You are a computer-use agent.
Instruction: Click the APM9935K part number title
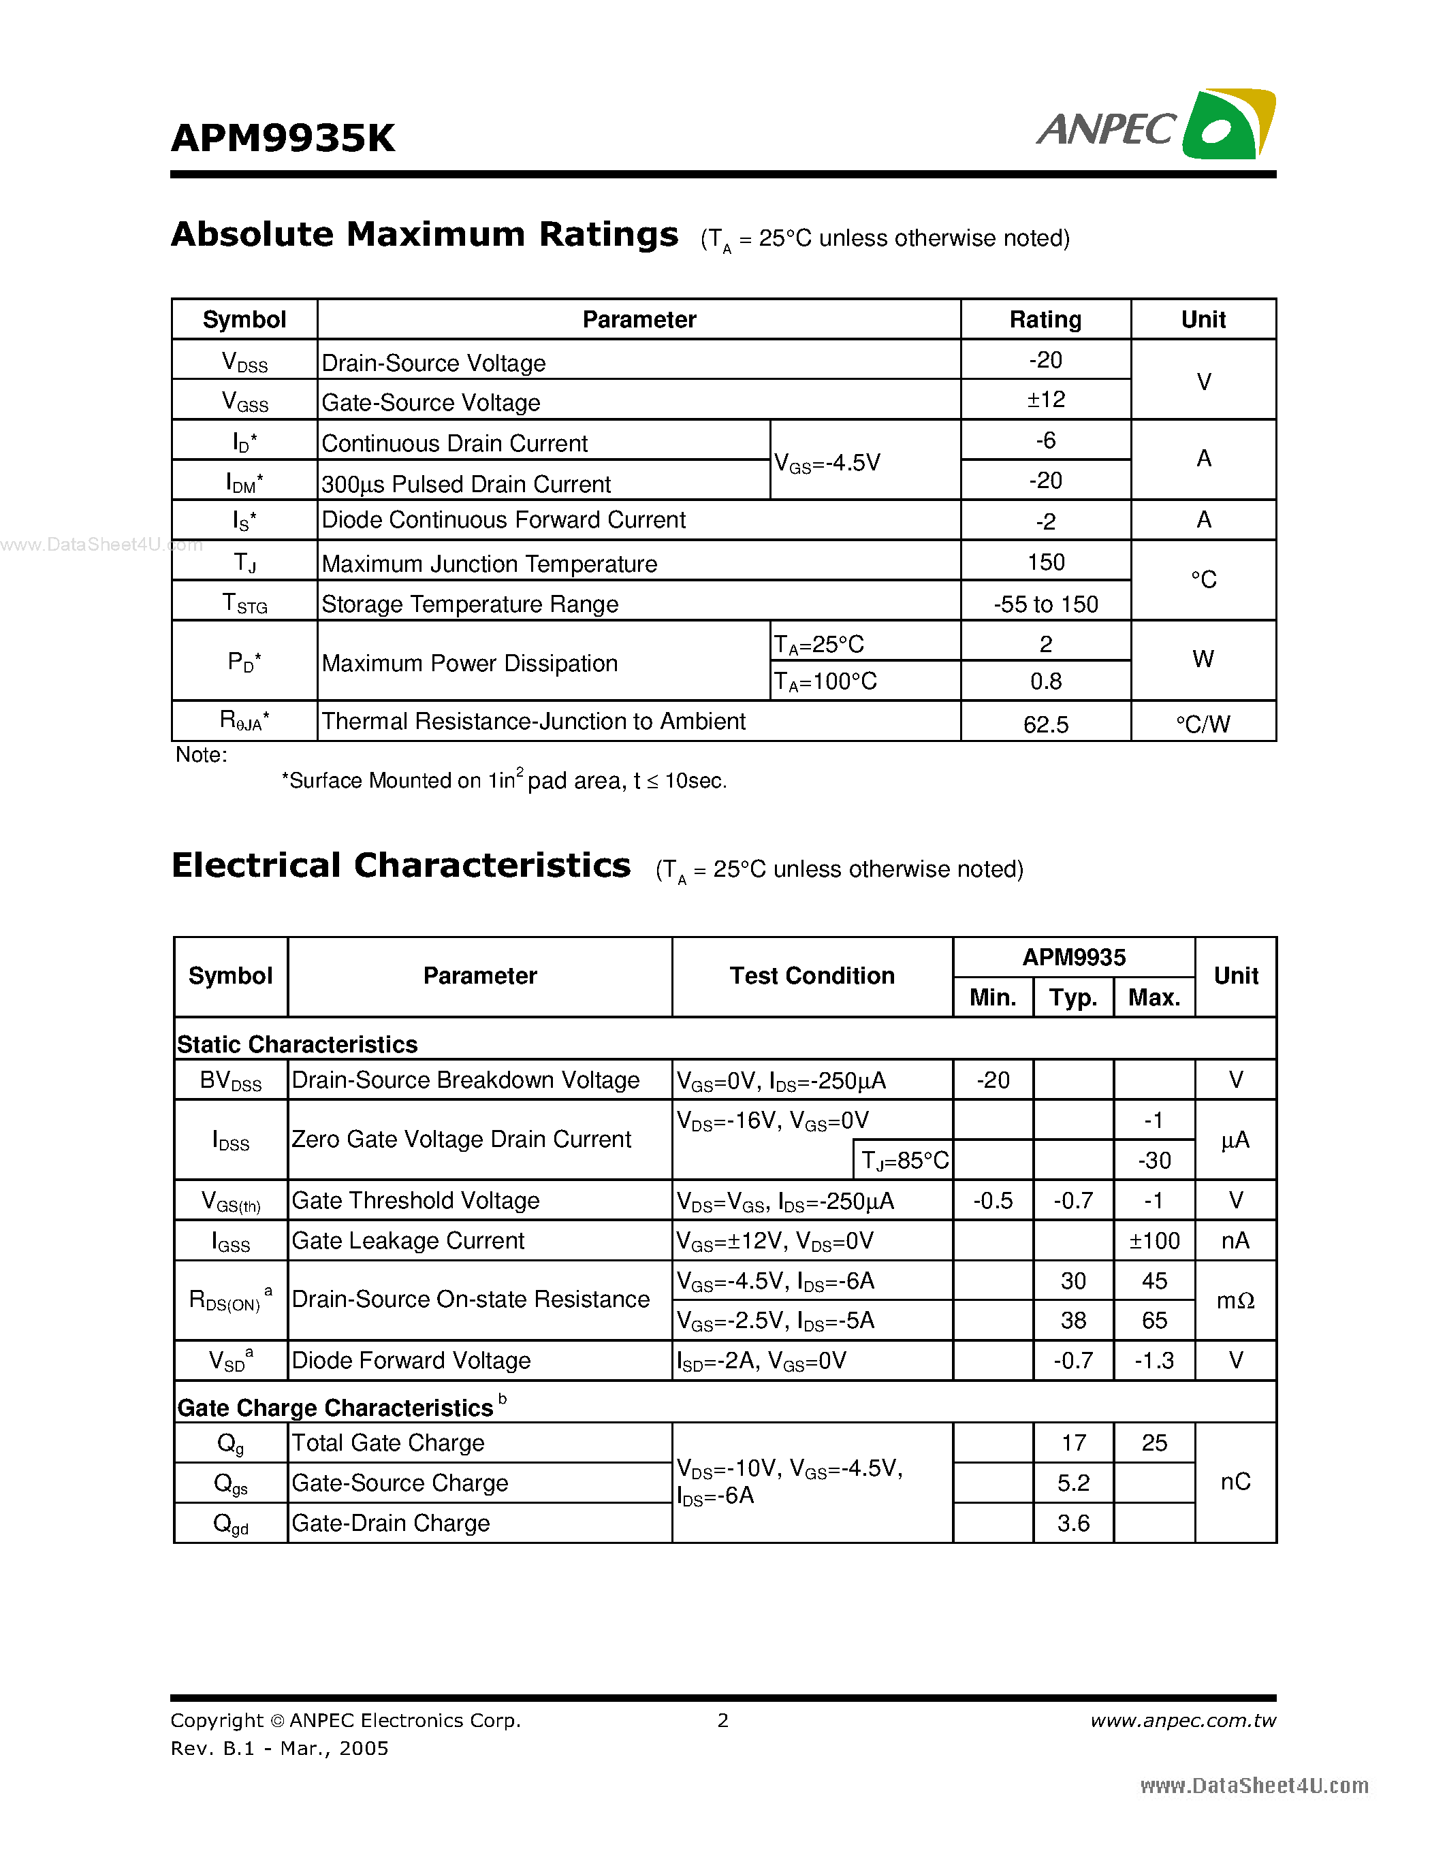[x=283, y=138]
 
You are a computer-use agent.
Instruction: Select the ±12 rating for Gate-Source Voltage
[x=1045, y=400]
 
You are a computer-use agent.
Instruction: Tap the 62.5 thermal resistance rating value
[x=1045, y=724]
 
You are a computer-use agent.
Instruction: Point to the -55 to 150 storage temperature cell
[x=1045, y=604]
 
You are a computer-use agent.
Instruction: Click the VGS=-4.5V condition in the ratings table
[x=827, y=463]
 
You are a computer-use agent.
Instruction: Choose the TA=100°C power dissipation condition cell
[x=825, y=681]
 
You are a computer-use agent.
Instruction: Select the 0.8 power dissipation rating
[x=1045, y=681]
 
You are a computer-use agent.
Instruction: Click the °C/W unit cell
[x=1203, y=724]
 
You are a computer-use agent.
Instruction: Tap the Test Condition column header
[x=812, y=975]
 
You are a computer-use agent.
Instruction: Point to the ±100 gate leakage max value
[x=1154, y=1240]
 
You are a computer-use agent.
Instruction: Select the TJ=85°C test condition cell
[x=904, y=1161]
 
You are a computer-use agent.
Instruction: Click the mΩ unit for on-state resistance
[x=1235, y=1300]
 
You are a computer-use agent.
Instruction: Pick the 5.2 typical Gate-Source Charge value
[x=1073, y=1483]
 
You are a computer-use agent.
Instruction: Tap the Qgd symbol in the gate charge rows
[x=231, y=1523]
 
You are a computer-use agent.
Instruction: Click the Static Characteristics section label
[x=298, y=1044]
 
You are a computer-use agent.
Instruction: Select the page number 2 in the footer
[x=722, y=1720]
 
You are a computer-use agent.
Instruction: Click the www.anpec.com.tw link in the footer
[x=1183, y=1720]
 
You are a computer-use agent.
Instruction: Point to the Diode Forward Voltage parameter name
[x=411, y=1360]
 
